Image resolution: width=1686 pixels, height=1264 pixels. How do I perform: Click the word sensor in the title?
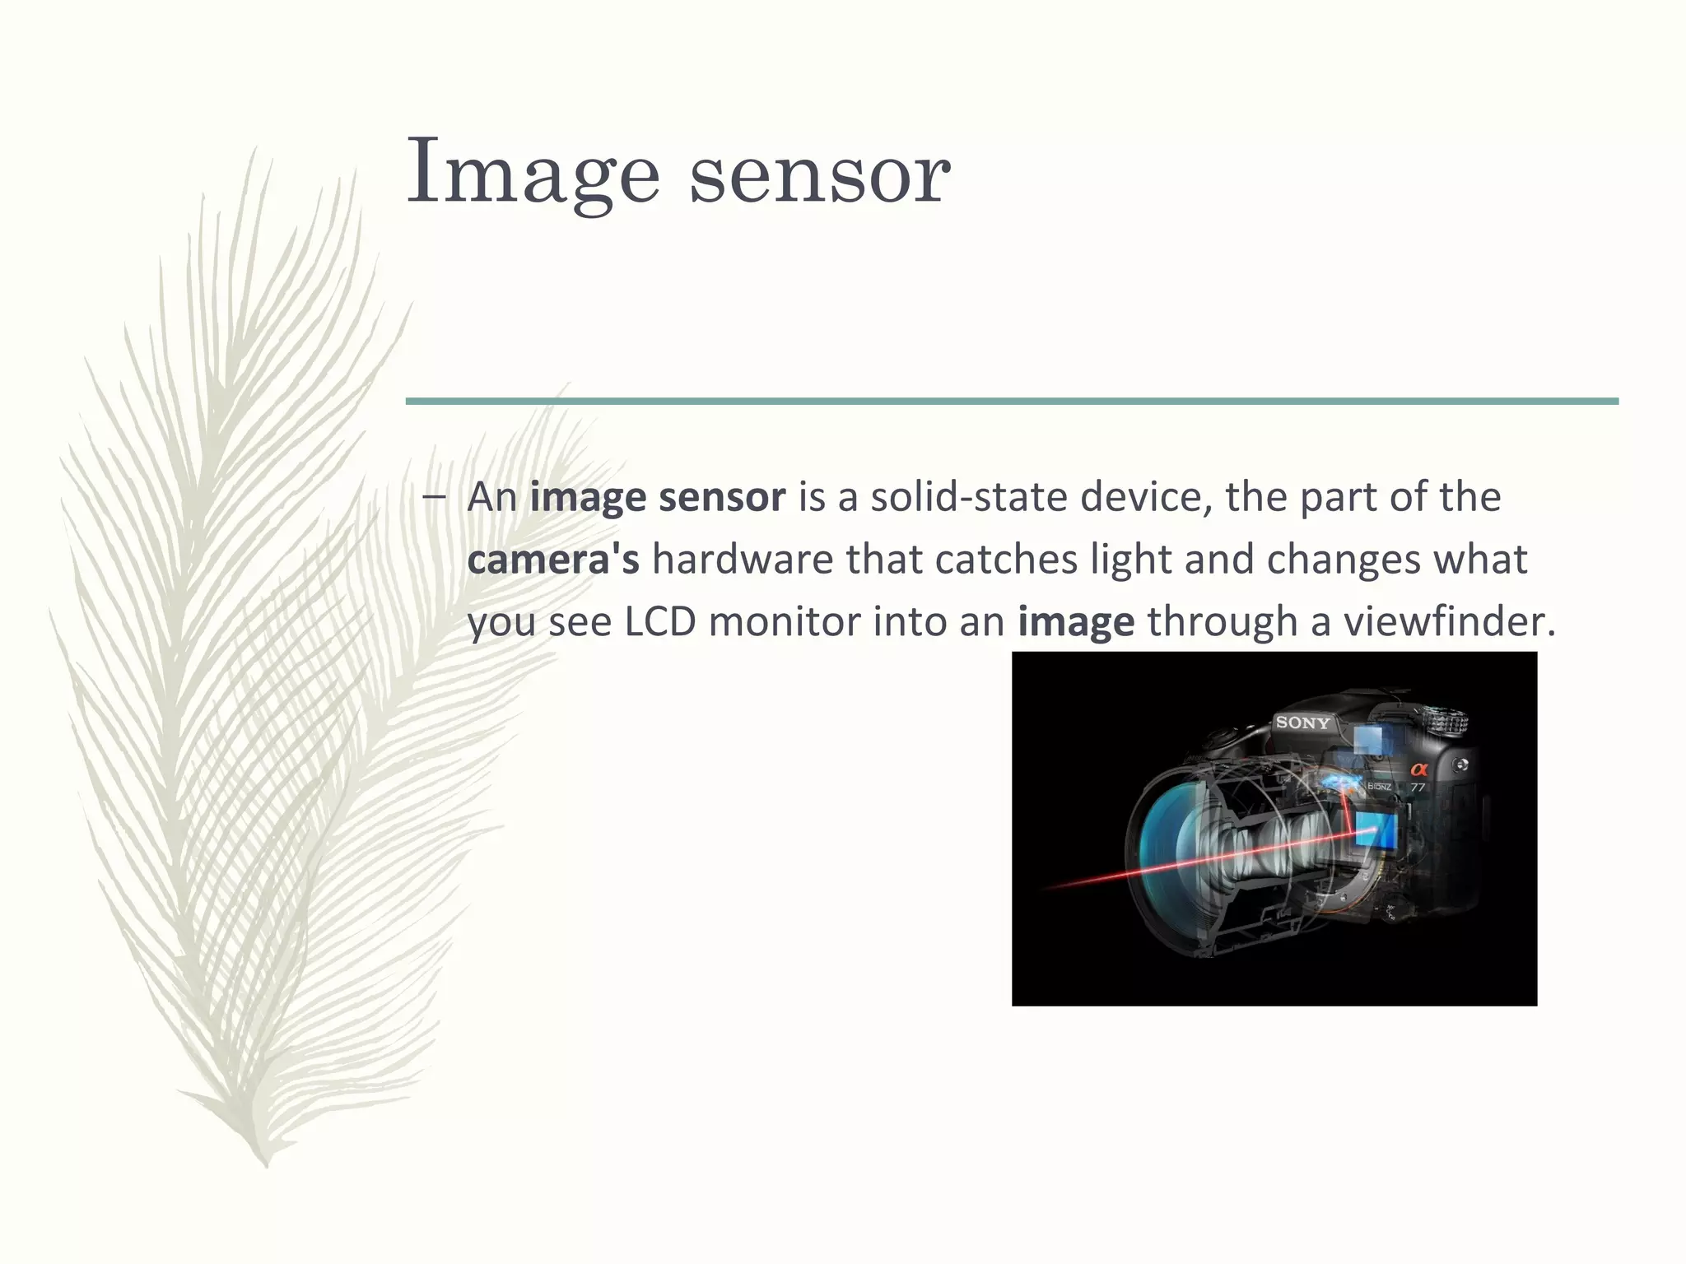click(819, 174)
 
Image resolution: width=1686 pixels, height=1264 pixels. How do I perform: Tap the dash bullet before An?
click(434, 496)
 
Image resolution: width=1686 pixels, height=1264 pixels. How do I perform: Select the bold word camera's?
click(552, 559)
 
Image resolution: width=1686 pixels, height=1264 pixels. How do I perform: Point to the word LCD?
click(660, 621)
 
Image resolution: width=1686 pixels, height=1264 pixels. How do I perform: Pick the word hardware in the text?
click(742, 559)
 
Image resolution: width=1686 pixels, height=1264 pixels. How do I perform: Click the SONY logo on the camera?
click(1302, 723)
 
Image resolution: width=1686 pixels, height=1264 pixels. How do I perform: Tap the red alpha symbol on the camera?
click(1418, 769)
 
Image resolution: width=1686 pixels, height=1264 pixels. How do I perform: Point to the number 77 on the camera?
click(1418, 788)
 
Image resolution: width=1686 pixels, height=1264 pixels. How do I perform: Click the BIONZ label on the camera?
click(1379, 788)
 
